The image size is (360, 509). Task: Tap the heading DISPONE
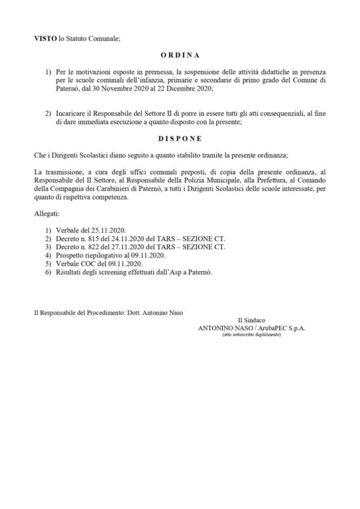coord(180,139)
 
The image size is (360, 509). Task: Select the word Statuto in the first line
coord(82,39)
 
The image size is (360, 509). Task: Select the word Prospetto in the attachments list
coord(70,256)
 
